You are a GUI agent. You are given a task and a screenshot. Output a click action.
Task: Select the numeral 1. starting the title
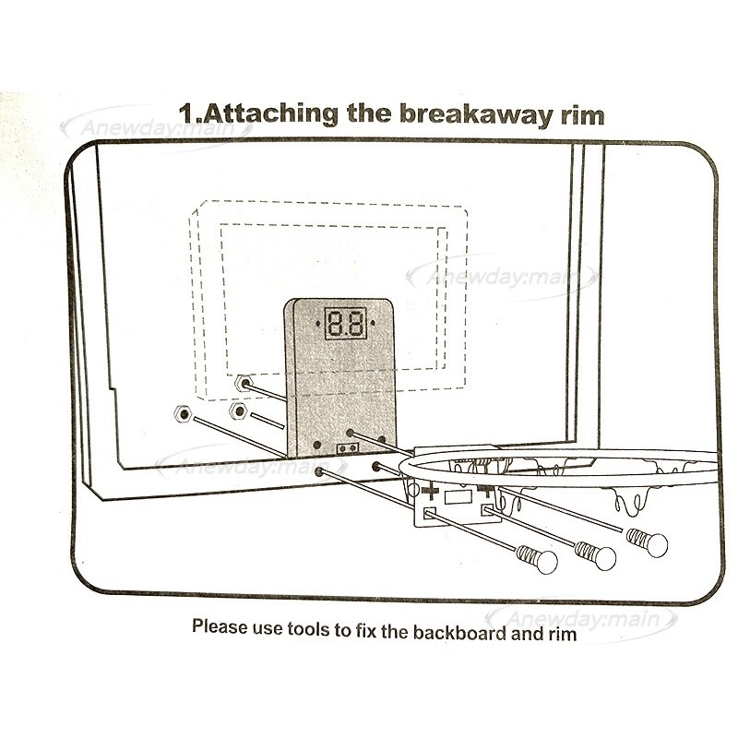click(192, 115)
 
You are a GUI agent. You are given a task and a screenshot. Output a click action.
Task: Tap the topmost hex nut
click(244, 381)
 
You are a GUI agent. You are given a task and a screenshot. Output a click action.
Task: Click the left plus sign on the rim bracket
click(430, 494)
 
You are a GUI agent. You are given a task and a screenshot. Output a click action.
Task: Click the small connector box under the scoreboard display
click(349, 448)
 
